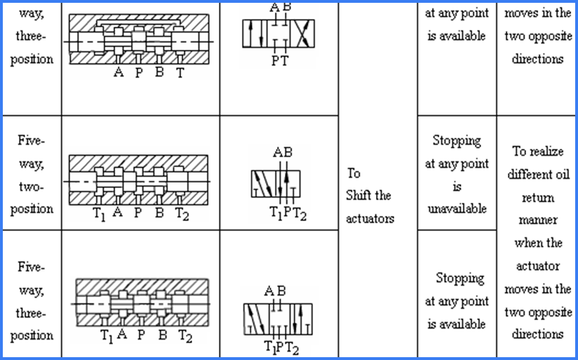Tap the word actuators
[x=370, y=218]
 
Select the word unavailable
[x=457, y=208]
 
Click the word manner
[x=538, y=220]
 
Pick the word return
[x=538, y=197]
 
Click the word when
[x=538, y=243]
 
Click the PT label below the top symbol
[x=278, y=62]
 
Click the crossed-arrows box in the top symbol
[x=302, y=33]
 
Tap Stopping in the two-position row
[x=457, y=140]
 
